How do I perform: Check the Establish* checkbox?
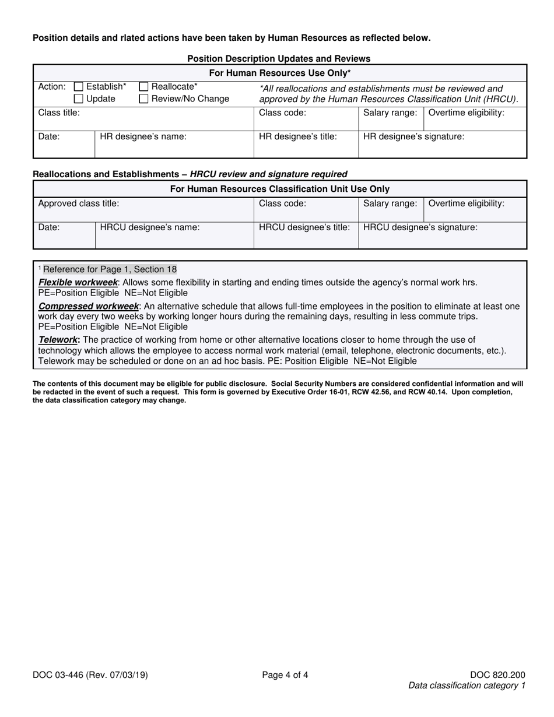tap(79, 87)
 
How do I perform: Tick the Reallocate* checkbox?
tap(143, 87)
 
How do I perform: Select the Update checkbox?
tap(79, 99)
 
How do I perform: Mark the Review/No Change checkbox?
tap(143, 99)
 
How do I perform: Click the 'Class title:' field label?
tap(59, 113)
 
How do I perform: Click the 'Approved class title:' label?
tap(79, 203)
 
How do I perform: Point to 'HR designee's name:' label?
tap(143, 137)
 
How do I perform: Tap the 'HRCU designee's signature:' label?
tap(420, 227)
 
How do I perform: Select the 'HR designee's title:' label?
tap(298, 137)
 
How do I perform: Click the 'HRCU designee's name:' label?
tap(150, 227)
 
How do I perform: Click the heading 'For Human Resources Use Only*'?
tap(280, 73)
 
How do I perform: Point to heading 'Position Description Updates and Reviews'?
tap(279, 58)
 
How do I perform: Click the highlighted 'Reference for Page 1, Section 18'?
tap(110, 269)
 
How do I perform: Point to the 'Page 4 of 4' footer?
tap(285, 676)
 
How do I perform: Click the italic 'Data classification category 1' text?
tap(467, 686)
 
